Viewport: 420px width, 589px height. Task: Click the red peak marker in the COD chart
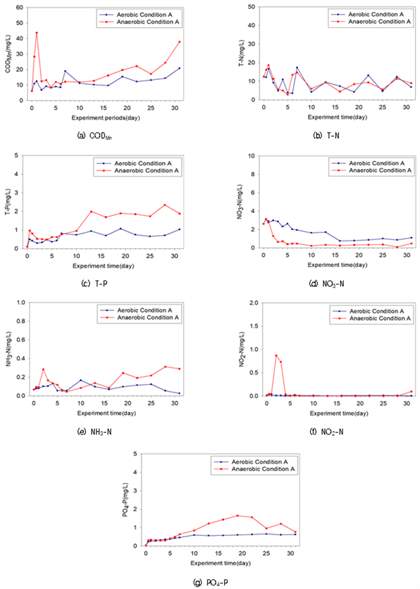tap(37, 33)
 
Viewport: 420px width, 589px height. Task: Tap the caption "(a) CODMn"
tap(94, 136)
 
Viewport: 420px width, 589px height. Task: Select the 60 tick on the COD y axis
tap(19, 7)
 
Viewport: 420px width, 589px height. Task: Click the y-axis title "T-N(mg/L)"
tap(242, 53)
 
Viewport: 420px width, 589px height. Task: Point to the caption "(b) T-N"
tap(326, 136)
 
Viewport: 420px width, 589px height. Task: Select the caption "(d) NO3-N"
tap(326, 284)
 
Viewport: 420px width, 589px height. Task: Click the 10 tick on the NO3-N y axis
tap(252, 156)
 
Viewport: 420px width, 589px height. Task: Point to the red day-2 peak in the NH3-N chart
tap(43, 369)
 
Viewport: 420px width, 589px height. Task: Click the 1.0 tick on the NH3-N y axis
tap(20, 303)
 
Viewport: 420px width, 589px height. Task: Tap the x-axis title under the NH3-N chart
tap(106, 413)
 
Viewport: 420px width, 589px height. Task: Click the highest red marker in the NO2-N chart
tap(276, 355)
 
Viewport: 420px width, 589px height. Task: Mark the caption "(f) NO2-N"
tap(326, 432)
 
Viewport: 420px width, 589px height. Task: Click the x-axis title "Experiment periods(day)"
tap(106, 118)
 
